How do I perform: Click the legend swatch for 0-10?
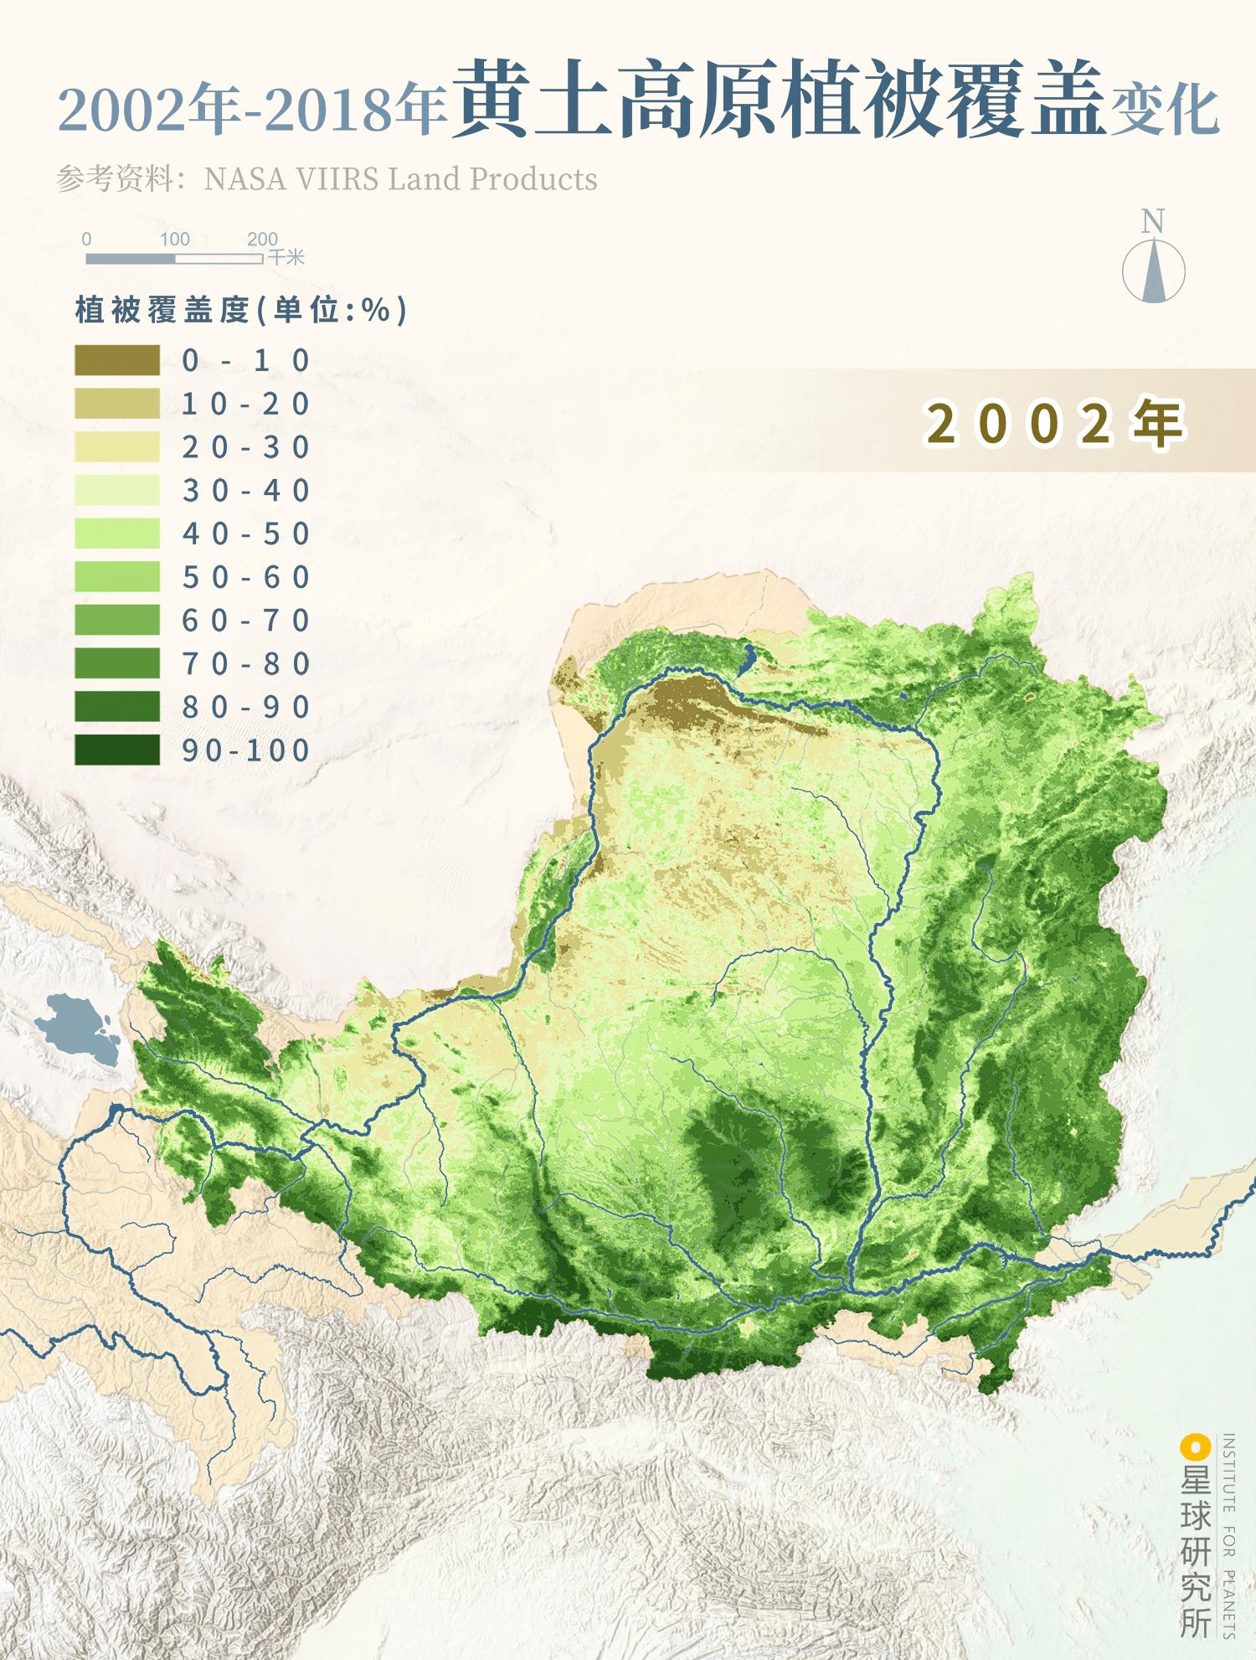click(x=117, y=360)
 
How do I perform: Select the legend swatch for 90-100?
click(x=117, y=750)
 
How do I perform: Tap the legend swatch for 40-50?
click(x=117, y=534)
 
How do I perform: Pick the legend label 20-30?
click(x=245, y=447)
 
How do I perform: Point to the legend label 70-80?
click(x=245, y=664)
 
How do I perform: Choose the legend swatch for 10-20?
click(x=117, y=404)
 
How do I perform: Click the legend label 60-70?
click(x=245, y=621)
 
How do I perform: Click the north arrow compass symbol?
click(x=1153, y=271)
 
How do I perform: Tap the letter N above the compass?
click(x=1153, y=222)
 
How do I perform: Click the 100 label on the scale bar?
click(x=174, y=240)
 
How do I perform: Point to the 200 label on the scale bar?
click(x=262, y=240)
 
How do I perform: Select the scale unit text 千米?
click(x=286, y=257)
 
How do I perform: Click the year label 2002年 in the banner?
click(x=1055, y=423)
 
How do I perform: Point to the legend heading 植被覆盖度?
click(x=163, y=311)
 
